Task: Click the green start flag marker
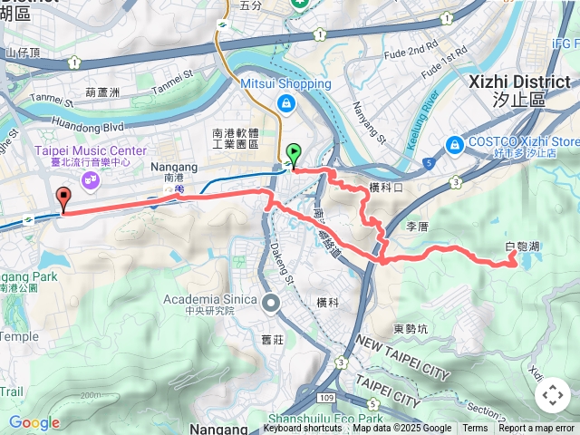[293, 154]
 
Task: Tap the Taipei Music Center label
[84, 150]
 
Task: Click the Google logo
[34, 422]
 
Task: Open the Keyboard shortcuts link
[303, 429]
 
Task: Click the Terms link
[475, 429]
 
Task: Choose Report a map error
[536, 429]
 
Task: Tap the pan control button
[553, 395]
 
